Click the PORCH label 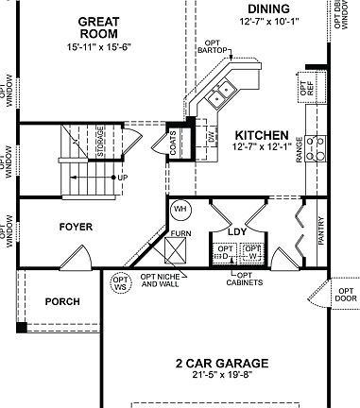pos(62,302)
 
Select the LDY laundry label pos(237,230)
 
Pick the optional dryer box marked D pos(225,253)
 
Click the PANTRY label pos(321,231)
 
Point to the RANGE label pos(300,148)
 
